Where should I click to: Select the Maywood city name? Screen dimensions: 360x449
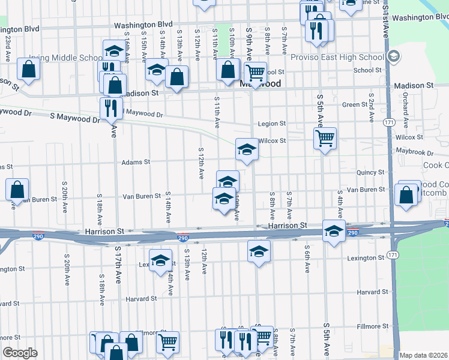261,83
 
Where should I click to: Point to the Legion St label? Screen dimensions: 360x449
271,124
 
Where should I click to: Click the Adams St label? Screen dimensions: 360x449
135,162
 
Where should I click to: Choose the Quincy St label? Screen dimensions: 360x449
370,172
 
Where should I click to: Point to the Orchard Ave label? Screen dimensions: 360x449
406,110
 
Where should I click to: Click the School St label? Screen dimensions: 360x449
364,70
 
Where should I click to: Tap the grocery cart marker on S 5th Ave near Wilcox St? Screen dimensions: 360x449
325,139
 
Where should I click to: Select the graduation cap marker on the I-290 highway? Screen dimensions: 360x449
333,230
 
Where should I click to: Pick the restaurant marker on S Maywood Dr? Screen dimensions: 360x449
111,107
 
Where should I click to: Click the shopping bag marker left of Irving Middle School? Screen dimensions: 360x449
28,69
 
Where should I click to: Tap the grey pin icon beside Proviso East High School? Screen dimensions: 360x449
394,58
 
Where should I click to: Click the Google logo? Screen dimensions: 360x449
20,353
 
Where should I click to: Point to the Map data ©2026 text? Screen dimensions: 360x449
424,355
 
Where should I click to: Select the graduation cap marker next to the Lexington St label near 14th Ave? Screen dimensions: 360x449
160,260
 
